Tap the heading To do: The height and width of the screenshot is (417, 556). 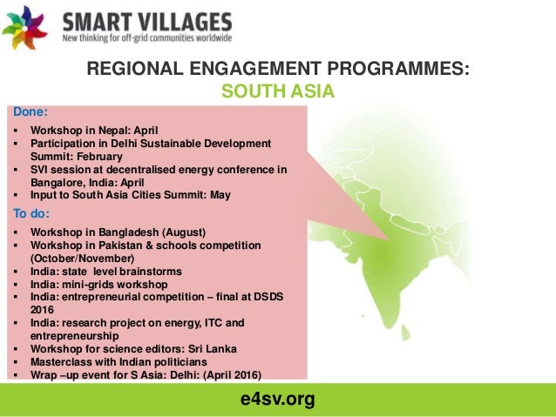pyautogui.click(x=32, y=213)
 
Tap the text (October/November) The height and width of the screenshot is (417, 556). pyautogui.click(x=83, y=259)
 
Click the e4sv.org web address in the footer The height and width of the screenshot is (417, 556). pyautogui.click(x=277, y=400)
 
